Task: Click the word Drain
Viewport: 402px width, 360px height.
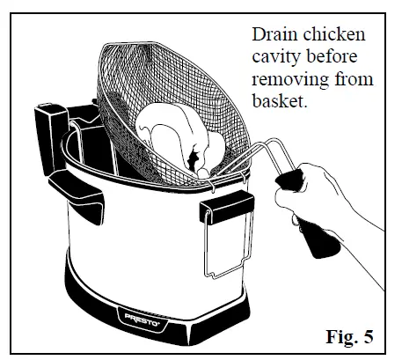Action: [274, 34]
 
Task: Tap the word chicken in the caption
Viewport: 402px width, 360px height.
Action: [334, 34]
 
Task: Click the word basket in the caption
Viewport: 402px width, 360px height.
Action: [280, 100]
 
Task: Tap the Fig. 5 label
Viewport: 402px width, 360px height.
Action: [349, 336]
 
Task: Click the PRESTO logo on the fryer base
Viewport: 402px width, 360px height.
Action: [142, 319]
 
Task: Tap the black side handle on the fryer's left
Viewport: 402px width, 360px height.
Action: [77, 196]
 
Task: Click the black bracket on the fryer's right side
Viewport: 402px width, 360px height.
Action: [227, 207]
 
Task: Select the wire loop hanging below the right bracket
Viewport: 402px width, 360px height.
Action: [228, 246]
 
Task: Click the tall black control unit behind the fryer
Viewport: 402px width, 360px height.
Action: [50, 138]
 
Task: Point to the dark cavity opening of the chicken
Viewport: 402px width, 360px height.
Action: [194, 160]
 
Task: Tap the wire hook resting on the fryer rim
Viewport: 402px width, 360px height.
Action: [212, 186]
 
